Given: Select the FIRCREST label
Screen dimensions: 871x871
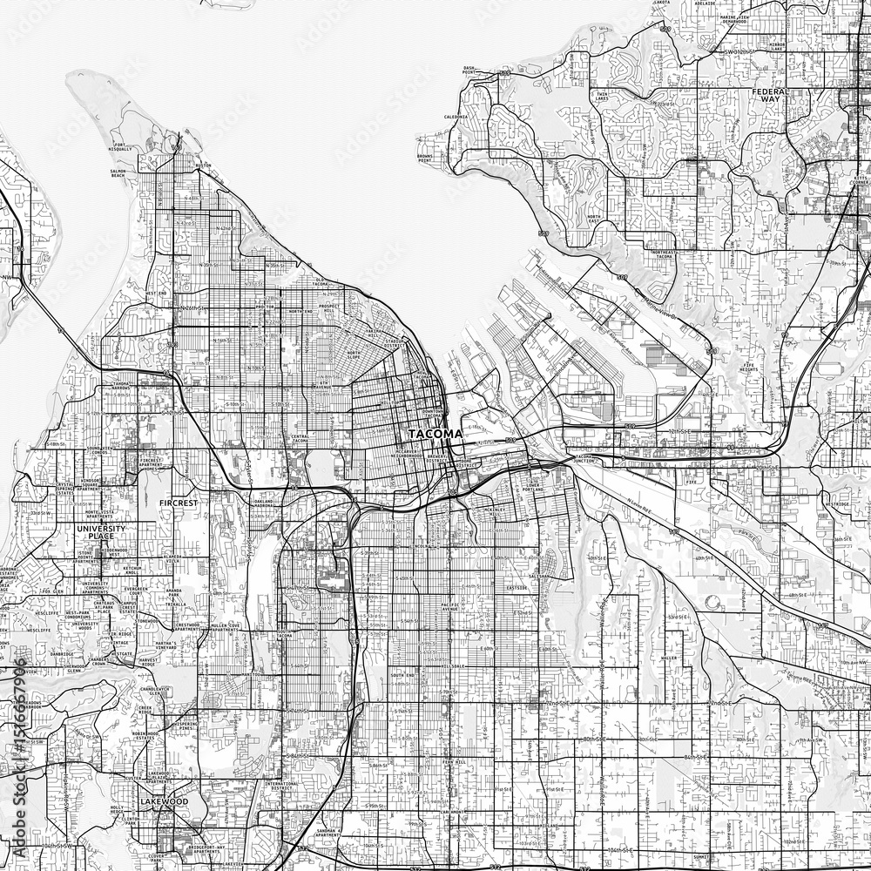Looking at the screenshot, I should click(x=180, y=503).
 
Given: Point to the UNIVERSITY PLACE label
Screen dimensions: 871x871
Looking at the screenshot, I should click(x=101, y=534).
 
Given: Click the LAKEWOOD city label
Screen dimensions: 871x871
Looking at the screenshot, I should click(x=163, y=800).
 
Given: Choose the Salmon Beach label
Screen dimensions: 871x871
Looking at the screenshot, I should click(x=123, y=175).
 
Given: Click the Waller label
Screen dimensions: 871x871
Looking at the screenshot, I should click(x=669, y=658).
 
